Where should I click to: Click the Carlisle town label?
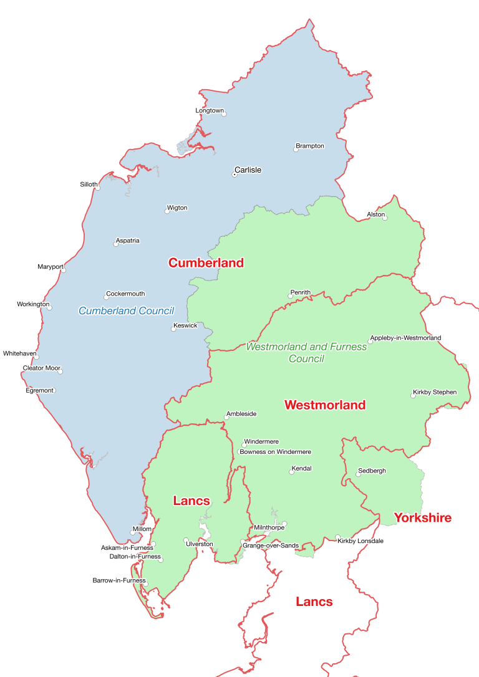pos(248,170)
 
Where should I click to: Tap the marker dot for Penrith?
pos(290,296)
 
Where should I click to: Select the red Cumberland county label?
pos(206,263)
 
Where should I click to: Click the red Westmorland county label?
pos(324,405)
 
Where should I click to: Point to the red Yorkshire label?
pos(422,518)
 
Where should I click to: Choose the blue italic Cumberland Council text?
pos(126,310)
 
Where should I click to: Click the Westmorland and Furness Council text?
pos(306,352)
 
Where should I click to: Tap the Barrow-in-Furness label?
pos(119,580)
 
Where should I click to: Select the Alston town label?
pos(375,214)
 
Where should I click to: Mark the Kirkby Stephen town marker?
pos(412,396)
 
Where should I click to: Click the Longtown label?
pos(209,110)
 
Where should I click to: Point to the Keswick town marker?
pos(174,329)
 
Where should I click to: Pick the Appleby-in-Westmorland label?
pos(405,338)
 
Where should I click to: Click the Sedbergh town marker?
pos(358,474)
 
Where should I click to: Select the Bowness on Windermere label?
pos(275,452)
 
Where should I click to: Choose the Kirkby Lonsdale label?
pos(360,540)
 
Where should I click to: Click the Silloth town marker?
pos(96,188)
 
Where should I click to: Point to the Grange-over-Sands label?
pos(270,545)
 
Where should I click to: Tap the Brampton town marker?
pos(296,150)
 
